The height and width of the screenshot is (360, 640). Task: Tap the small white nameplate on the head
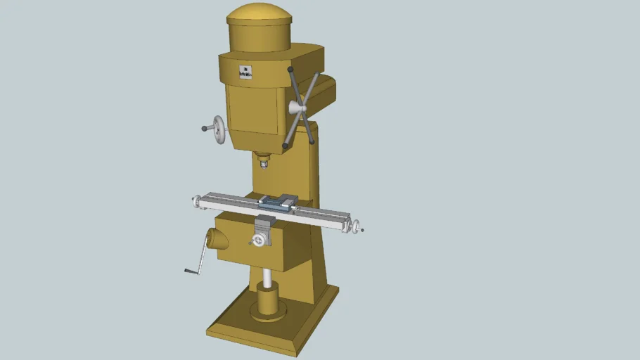245,72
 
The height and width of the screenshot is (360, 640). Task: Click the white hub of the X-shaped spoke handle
296,107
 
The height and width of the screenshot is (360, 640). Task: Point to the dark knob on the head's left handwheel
205,129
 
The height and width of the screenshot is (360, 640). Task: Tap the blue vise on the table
276,202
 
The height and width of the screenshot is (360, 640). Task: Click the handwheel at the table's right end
356,227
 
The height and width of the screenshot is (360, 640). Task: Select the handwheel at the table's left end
196,202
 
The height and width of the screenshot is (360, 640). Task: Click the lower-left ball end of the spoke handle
286,146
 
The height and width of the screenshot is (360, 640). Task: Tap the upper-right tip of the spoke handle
318,75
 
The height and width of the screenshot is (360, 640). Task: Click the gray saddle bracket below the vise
264,227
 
